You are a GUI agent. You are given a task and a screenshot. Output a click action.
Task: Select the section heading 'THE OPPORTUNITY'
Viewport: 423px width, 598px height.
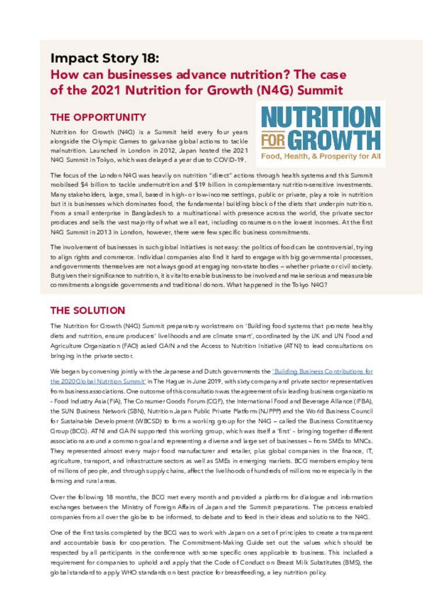click(98, 117)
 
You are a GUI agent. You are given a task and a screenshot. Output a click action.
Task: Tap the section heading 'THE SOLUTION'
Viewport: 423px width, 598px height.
click(88, 310)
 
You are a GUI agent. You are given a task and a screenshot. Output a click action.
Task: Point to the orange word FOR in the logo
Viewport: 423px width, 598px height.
click(272, 141)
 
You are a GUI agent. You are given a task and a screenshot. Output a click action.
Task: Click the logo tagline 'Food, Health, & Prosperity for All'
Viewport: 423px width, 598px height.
click(320, 157)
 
